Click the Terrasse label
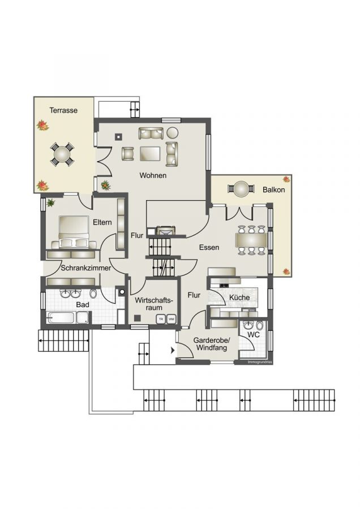tap(63, 110)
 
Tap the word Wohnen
tap(153, 176)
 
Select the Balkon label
tap(273, 190)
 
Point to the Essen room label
tap(209, 248)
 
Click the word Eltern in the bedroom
tap(102, 222)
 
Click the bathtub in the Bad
tap(67, 318)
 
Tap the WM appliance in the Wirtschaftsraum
tap(171, 320)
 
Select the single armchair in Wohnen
tap(127, 153)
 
